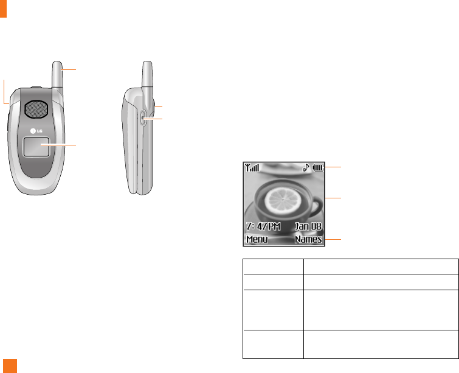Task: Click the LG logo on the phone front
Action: coord(36,131)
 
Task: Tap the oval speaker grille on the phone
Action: coord(36,110)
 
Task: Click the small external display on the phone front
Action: coord(36,147)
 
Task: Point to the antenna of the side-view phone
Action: coord(147,75)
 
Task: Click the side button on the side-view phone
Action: coord(142,118)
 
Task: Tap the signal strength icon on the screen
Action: coord(252,167)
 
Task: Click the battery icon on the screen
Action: coord(318,167)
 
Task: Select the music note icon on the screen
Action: coord(306,167)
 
